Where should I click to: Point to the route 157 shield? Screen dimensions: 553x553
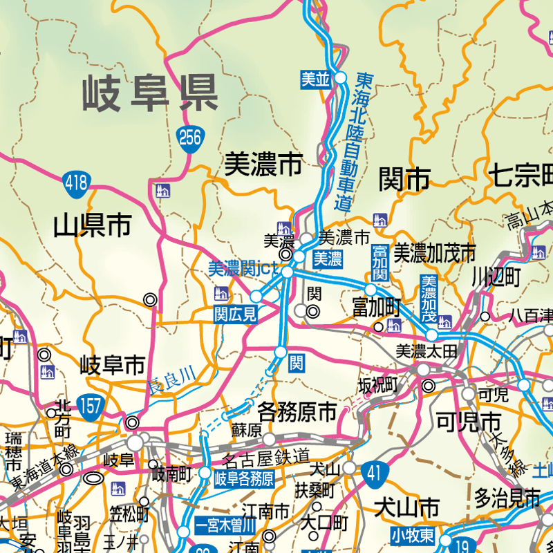pos(90,404)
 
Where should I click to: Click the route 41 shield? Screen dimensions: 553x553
pos(373,474)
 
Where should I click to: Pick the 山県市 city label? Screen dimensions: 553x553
pos(93,225)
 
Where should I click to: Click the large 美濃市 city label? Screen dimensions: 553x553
pos(263,165)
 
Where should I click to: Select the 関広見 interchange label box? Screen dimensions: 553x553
pos(235,315)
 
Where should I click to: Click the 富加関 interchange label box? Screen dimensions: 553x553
pos(379,263)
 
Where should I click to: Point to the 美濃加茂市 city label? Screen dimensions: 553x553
pos(435,252)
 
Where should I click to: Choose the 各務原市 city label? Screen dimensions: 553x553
pos(297,413)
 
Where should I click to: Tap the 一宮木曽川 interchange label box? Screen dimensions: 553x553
pos(225,523)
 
